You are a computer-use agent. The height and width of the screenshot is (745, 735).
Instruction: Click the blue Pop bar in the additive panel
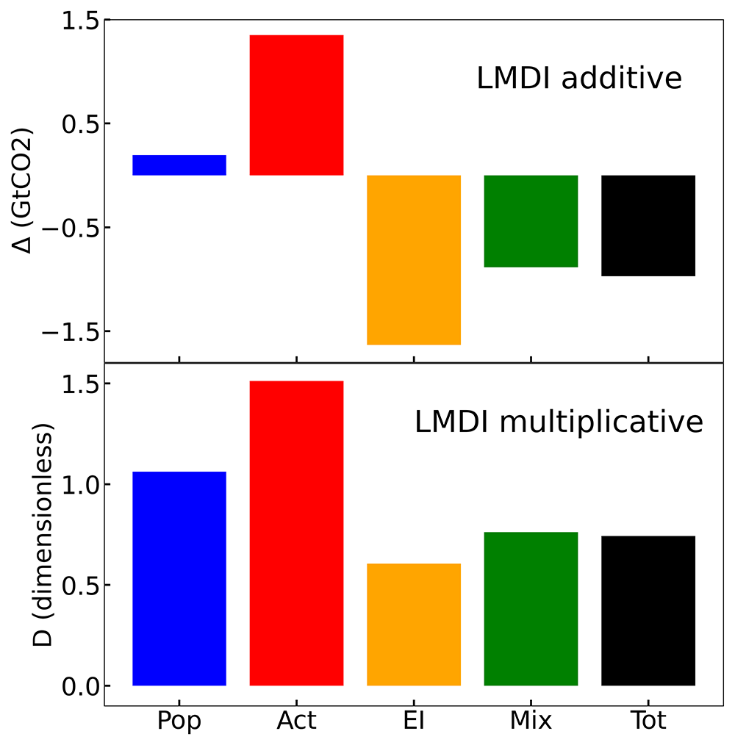[179, 165]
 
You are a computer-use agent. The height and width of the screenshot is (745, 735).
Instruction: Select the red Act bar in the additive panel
[297, 105]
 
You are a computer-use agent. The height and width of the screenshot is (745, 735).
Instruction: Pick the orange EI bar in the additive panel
[414, 260]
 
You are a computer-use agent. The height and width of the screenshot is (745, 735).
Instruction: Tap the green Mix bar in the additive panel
[531, 221]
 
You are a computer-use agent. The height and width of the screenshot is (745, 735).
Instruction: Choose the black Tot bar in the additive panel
[648, 226]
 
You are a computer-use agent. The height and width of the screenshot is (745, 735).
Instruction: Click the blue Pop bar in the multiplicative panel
[179, 579]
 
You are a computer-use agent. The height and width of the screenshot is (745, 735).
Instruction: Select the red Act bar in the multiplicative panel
[297, 533]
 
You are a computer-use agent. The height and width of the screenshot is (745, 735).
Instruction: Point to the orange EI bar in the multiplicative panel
[414, 625]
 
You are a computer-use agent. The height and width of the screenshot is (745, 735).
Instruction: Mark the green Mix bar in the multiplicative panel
[531, 608]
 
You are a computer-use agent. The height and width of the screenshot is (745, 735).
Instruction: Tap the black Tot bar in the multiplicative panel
[648, 611]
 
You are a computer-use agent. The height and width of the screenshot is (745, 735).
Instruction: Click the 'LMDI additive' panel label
[579, 78]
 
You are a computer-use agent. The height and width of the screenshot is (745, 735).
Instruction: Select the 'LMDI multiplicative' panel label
[559, 422]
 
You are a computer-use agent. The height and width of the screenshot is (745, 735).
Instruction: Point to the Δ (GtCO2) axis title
[23, 190]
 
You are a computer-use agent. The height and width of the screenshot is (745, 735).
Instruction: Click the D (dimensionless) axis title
[43, 535]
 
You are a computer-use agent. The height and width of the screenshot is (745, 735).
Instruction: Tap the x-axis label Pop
[179, 721]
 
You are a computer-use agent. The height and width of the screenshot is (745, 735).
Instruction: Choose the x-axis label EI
[414, 720]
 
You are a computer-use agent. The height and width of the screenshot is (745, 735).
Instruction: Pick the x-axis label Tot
[648, 720]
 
